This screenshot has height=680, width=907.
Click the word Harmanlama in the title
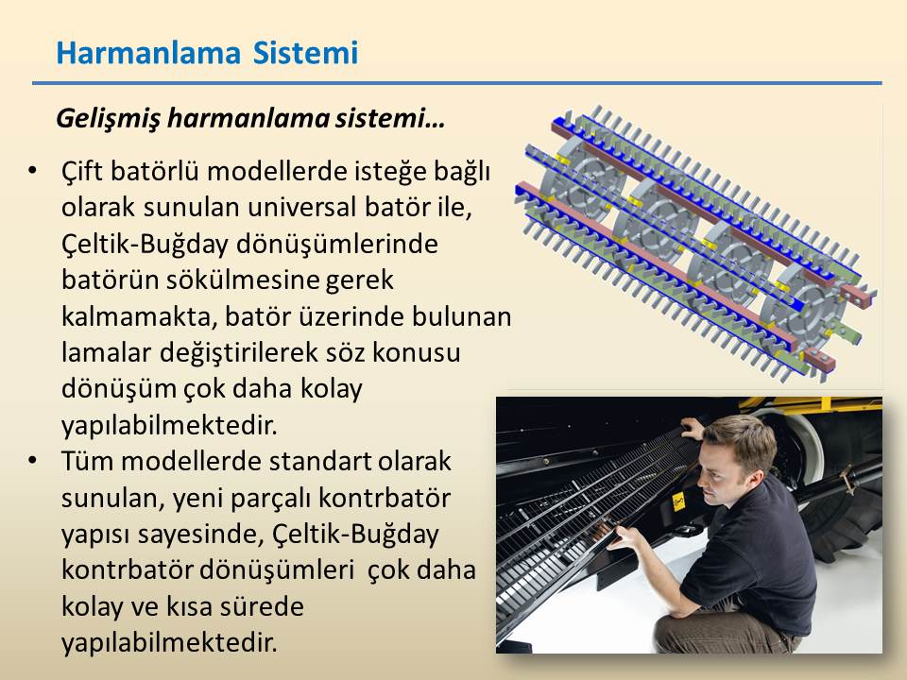click(148, 53)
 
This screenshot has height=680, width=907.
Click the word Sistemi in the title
click(305, 53)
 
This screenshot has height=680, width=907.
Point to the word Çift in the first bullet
click(81, 172)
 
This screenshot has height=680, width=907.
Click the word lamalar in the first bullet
click(106, 352)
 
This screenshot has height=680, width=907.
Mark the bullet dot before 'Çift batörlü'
click(32, 171)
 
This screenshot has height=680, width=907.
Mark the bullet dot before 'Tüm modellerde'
click(32, 460)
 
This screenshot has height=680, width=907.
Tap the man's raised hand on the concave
click(693, 429)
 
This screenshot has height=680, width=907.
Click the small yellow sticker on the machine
click(678, 501)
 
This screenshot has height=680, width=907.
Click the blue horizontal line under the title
click(457, 83)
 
